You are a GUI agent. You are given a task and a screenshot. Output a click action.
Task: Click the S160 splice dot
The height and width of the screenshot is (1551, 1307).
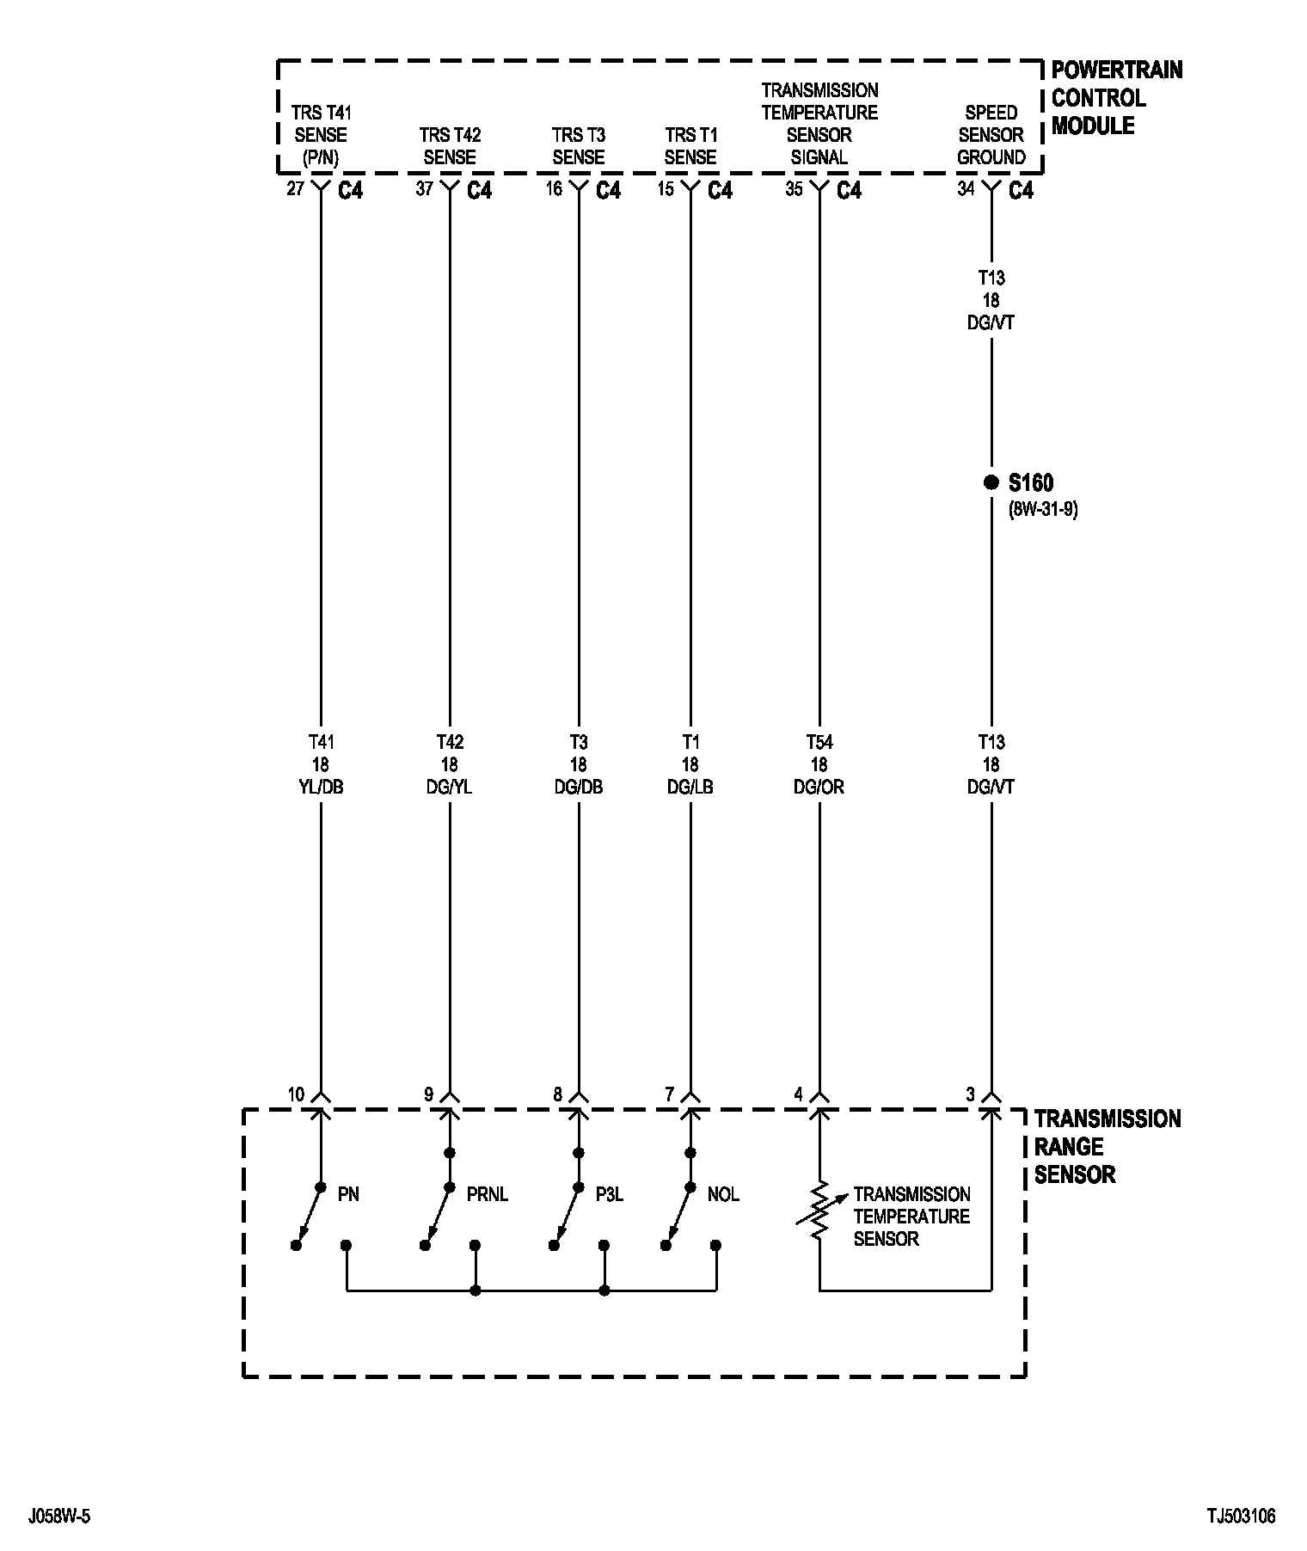tap(991, 482)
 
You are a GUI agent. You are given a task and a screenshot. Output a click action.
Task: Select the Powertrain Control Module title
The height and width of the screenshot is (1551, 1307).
tap(1116, 98)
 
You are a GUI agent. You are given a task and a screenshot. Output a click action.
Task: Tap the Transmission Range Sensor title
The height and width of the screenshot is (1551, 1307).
tap(1107, 1146)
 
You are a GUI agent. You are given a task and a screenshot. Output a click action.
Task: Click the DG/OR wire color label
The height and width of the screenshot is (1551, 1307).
tap(819, 788)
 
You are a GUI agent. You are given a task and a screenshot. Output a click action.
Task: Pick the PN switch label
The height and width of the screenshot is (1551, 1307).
tap(348, 1194)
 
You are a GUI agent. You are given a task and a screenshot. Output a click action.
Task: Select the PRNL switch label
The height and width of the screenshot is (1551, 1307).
tap(488, 1194)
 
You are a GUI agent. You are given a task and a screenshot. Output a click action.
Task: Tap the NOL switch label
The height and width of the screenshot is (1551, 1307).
tap(723, 1194)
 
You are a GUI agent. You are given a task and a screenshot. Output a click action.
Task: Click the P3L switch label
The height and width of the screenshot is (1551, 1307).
tap(609, 1194)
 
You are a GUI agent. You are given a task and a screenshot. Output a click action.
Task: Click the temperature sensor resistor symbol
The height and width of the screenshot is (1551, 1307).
tap(819, 1210)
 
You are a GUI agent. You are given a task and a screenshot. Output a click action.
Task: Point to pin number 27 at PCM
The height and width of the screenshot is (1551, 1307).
tap(295, 188)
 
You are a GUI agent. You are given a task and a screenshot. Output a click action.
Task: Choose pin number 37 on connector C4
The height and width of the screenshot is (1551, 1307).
tap(424, 188)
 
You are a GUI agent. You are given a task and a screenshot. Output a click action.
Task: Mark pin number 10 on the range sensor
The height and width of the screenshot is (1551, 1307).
tap(296, 1094)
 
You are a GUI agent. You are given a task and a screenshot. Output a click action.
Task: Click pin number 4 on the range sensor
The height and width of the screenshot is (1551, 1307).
tap(798, 1094)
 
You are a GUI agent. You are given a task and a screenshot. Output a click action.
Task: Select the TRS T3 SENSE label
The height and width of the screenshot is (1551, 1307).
tap(579, 146)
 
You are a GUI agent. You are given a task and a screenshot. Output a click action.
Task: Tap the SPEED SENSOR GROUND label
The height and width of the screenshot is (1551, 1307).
tap(991, 135)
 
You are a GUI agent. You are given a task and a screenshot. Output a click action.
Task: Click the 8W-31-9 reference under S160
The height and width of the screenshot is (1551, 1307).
tap(1042, 509)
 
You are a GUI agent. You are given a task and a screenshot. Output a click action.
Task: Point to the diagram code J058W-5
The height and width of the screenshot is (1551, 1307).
tap(59, 1516)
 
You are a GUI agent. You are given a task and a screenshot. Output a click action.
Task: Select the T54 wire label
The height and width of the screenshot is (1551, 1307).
tap(819, 742)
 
